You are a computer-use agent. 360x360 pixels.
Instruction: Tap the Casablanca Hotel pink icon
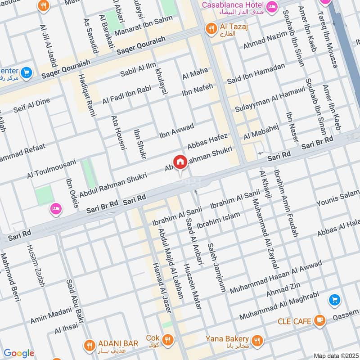[x=272, y=6]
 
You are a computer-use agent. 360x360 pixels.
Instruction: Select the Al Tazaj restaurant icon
[x=210, y=29]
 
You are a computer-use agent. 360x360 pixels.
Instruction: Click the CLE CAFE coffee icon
[x=320, y=321]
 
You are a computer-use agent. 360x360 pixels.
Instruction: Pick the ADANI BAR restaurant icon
[x=89, y=344]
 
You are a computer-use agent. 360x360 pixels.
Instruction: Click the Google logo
[x=19, y=353]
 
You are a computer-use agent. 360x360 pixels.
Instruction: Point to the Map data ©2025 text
[x=335, y=355]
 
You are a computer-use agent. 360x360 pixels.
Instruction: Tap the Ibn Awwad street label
[x=176, y=130]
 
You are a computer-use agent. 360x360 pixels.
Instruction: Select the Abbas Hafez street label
[x=208, y=141]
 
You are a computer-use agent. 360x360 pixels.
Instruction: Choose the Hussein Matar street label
[x=192, y=286]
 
